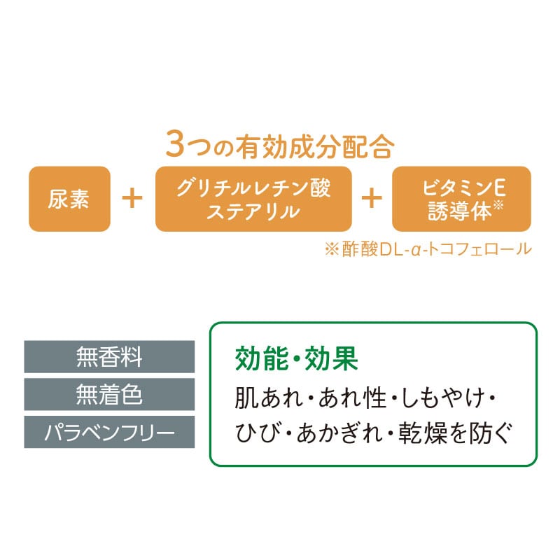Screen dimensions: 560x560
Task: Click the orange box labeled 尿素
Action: [x=69, y=199]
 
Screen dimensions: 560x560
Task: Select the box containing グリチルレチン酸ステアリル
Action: [x=253, y=199]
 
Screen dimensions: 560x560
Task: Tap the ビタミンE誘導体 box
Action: [x=461, y=199]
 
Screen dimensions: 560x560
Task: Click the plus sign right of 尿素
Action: [x=132, y=199]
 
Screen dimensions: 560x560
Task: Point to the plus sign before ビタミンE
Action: [x=372, y=199]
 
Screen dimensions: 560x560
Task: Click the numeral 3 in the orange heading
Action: [x=175, y=144]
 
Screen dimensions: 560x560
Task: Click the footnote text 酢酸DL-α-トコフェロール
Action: [x=437, y=249]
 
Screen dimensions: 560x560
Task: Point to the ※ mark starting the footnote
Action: [x=332, y=249]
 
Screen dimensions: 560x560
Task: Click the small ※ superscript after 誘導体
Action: [x=498, y=205]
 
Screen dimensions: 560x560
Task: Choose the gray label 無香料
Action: [x=109, y=356]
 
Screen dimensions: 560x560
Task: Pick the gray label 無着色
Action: [x=109, y=394]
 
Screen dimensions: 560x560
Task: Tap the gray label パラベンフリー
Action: [x=109, y=432]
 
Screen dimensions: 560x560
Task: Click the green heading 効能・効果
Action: [x=296, y=358]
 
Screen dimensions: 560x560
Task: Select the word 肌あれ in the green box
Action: [x=269, y=398]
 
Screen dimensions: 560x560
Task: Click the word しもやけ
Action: [x=443, y=398]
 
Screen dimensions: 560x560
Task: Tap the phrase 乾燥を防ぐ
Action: [x=456, y=433]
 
